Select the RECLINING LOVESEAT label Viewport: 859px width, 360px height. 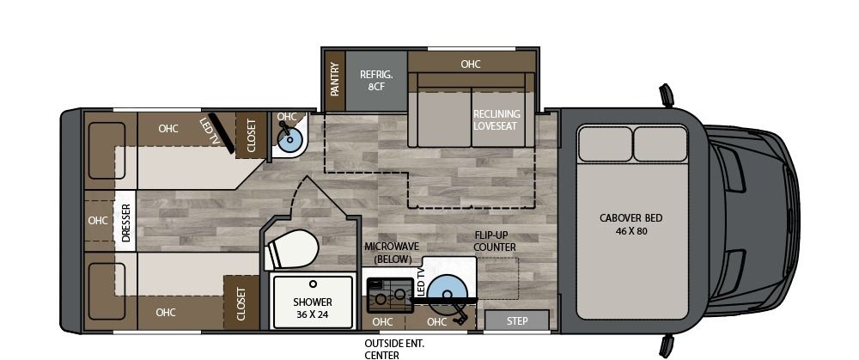coord(497,119)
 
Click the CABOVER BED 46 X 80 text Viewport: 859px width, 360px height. coord(631,224)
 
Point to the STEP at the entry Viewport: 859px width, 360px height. coord(517,320)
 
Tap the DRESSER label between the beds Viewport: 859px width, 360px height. coord(125,223)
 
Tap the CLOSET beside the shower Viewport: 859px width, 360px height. coord(241,302)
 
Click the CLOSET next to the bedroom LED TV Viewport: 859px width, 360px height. coord(252,136)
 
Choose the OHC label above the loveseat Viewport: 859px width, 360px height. coord(470,64)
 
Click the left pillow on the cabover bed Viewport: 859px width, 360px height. coord(604,144)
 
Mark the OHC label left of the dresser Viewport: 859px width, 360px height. coord(98,220)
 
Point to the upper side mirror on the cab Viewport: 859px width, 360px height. coord(666,95)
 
